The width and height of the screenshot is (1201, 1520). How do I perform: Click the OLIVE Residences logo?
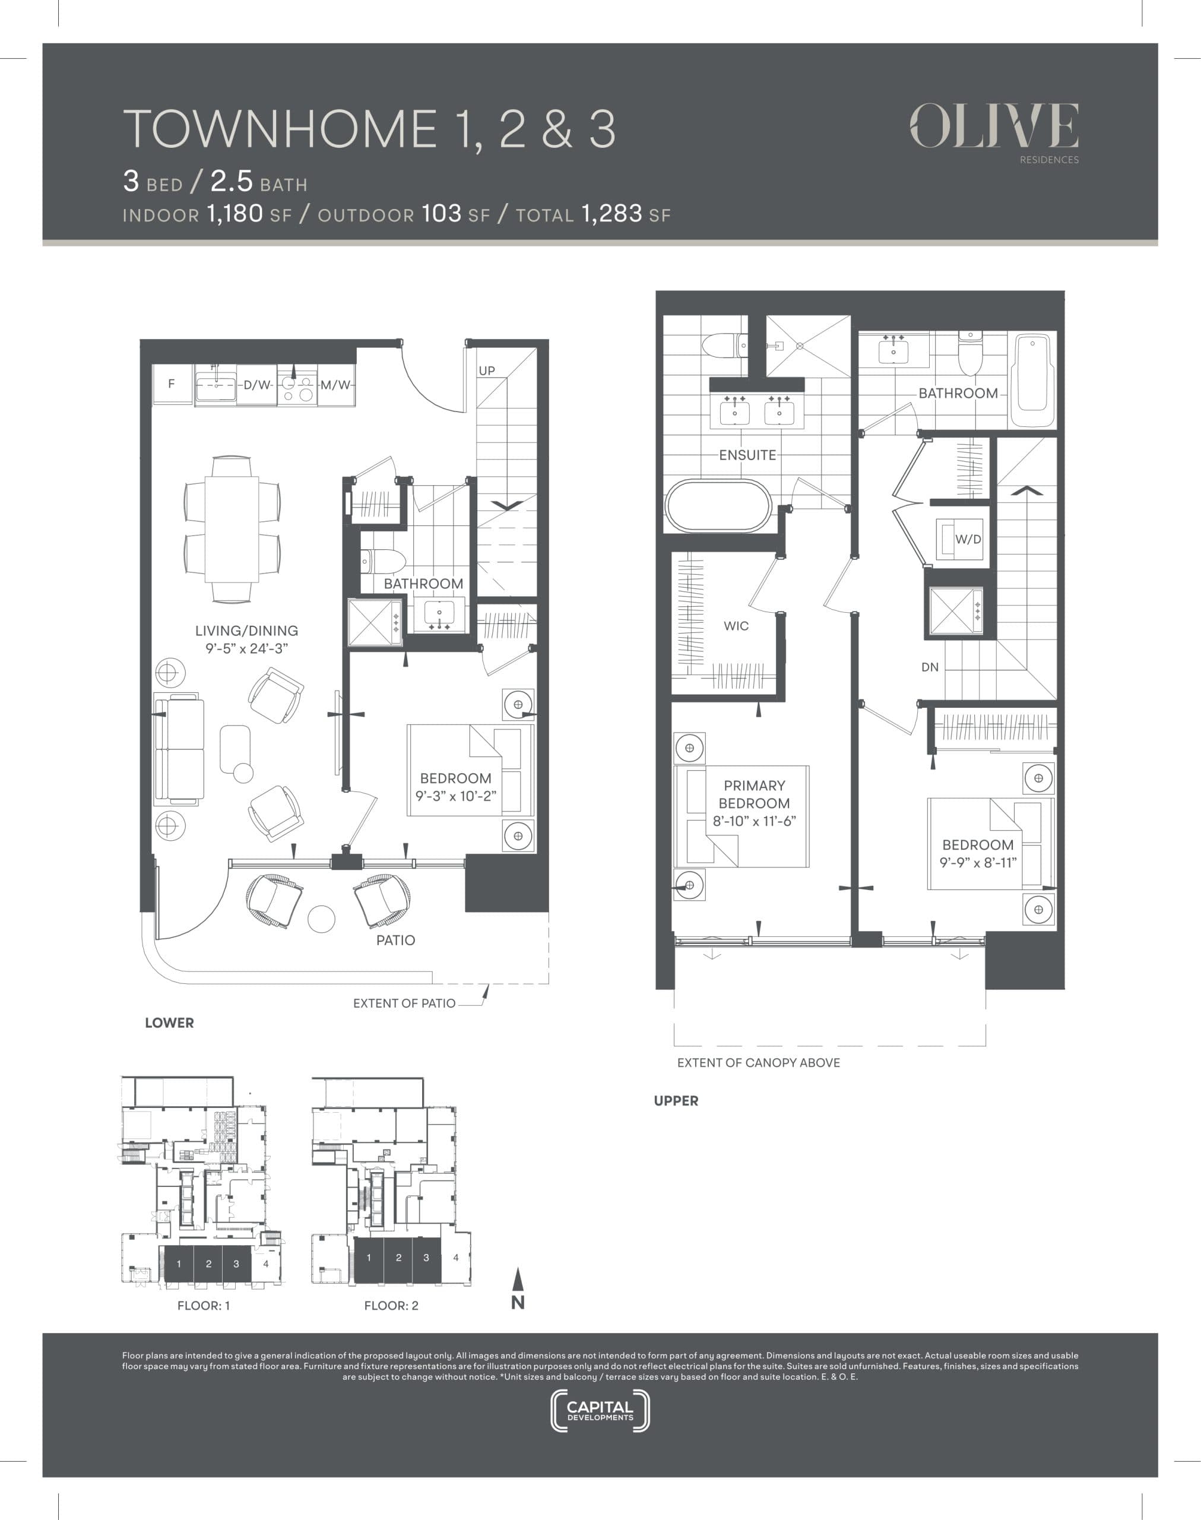[x=994, y=129]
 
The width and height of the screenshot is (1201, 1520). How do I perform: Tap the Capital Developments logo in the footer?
[x=600, y=1410]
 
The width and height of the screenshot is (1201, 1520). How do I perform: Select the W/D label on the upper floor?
[x=968, y=539]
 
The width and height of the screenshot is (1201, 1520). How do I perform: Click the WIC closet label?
[x=736, y=626]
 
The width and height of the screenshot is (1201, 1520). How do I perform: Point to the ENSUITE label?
[x=747, y=455]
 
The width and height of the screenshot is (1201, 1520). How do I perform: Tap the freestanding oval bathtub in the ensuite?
[x=718, y=505]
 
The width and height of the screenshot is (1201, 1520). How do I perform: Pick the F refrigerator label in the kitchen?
[x=171, y=384]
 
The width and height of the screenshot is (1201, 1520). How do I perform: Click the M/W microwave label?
[x=335, y=385]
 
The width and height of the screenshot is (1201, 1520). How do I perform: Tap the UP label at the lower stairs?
[x=487, y=370]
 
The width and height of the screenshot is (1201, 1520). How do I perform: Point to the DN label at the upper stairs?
[x=930, y=667]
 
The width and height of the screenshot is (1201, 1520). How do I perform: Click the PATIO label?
[x=395, y=940]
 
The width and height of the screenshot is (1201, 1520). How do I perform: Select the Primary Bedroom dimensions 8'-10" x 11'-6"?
[x=754, y=821]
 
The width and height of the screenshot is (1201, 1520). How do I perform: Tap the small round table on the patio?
[x=321, y=918]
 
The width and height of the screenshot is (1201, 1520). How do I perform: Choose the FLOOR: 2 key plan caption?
[x=391, y=1306]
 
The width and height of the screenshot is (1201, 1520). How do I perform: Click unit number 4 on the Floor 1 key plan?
[x=266, y=1263]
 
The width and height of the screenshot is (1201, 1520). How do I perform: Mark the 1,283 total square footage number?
[x=611, y=213]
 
